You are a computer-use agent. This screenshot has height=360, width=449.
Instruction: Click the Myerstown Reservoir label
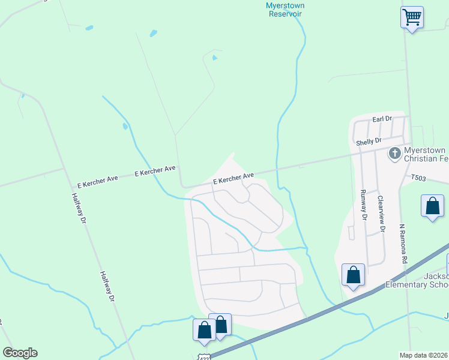coord(285,10)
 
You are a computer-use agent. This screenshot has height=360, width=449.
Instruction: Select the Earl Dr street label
coord(382,119)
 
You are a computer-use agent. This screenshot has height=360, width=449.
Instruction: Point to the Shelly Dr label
coord(369,142)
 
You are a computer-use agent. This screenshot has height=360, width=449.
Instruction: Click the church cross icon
coord(395,153)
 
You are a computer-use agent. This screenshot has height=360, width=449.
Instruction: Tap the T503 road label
coord(421,178)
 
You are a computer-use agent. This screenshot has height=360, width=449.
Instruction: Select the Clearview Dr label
coord(381,211)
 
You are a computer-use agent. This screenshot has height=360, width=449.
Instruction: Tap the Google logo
coord(20,353)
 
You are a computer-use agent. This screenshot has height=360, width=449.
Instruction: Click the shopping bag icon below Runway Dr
coord(353,275)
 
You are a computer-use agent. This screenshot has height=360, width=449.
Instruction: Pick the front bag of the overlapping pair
coord(204,330)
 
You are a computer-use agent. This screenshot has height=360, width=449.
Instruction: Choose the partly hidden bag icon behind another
coord(222,323)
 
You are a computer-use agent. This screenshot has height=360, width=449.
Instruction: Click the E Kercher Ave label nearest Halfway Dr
coord(97,179)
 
